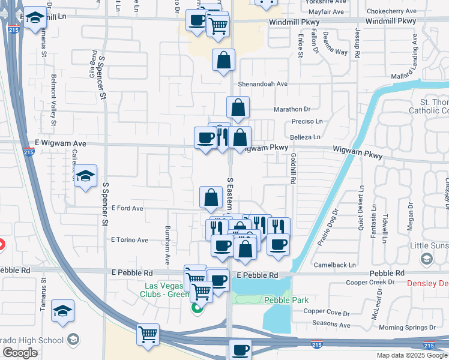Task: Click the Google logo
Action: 19,353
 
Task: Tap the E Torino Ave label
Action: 129,240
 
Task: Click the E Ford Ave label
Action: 127,208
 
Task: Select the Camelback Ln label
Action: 334,265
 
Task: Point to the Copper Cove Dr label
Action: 326,312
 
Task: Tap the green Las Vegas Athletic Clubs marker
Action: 196,310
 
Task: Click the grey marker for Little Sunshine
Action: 426,259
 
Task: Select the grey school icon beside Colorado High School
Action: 73,340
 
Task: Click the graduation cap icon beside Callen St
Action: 86,176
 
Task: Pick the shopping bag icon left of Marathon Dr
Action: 238,107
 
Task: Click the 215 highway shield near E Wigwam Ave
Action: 34,152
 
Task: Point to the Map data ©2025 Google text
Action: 411,355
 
